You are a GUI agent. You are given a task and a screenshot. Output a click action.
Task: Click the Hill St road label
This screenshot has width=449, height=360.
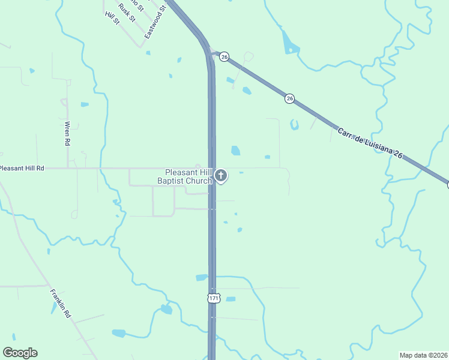(112, 17)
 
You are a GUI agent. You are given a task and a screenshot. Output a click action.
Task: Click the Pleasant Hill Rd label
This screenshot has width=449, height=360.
(23, 169)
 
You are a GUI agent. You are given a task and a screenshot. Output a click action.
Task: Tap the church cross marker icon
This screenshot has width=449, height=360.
(221, 176)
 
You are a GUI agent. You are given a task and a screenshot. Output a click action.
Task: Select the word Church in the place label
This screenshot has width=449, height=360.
(199, 181)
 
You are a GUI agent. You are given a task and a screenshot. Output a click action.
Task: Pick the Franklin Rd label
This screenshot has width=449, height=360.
(61, 303)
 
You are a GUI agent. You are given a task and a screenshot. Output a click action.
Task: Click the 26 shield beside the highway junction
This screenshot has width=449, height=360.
(224, 56)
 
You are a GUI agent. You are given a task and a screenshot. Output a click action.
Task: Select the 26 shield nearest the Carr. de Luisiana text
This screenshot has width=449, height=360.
(290, 98)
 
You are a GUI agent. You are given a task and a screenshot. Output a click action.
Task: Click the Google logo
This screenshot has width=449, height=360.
(20, 353)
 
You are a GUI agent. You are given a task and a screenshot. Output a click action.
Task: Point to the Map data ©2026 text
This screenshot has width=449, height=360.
(423, 355)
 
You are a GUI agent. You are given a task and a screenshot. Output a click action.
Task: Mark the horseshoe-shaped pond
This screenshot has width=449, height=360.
(294, 125)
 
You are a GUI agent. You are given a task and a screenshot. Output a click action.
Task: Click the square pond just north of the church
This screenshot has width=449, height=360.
(235, 151)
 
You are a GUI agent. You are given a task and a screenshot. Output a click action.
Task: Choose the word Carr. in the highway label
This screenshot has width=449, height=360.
(345, 132)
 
